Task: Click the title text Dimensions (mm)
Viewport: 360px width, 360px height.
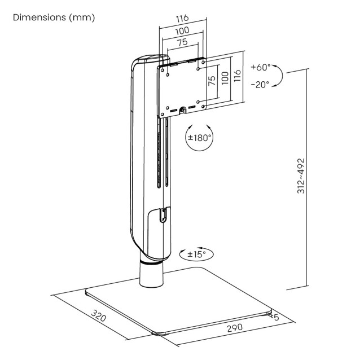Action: (54, 17)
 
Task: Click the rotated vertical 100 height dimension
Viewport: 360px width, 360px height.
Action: (225, 77)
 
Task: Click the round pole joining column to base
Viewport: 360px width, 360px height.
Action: (152, 276)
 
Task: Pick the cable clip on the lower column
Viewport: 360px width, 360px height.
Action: (162, 216)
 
